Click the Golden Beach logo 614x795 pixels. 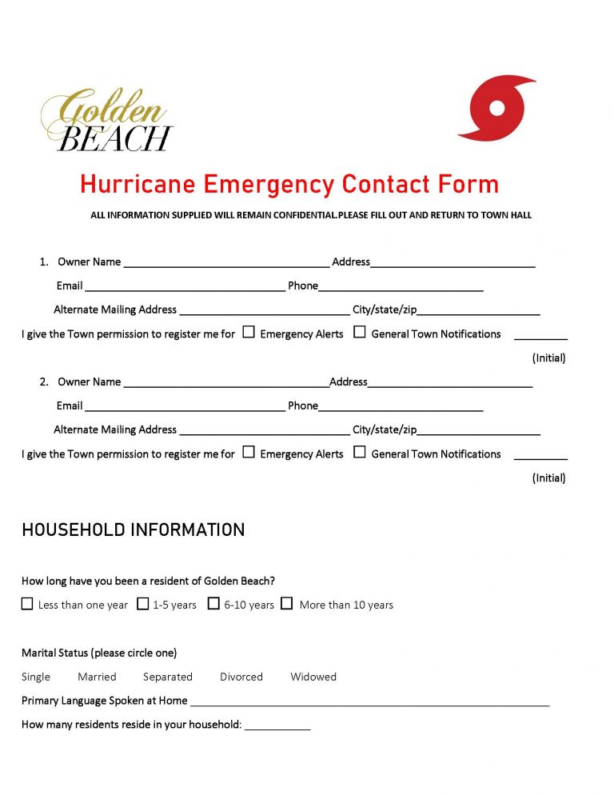tap(106, 119)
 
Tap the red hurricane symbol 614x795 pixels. tap(496, 109)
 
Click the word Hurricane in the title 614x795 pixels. tap(138, 185)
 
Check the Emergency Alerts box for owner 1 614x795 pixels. tap(249, 332)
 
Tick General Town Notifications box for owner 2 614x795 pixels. tap(360, 452)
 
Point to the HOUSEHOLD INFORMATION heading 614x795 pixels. tap(133, 529)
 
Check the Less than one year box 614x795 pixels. tap(27, 604)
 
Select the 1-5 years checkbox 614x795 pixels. tap(142, 604)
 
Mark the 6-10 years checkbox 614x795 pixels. tap(213, 604)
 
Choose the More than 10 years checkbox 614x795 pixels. tap(286, 604)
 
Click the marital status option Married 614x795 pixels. tap(97, 677)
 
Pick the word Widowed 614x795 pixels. tap(313, 677)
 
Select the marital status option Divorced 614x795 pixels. tap(241, 677)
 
